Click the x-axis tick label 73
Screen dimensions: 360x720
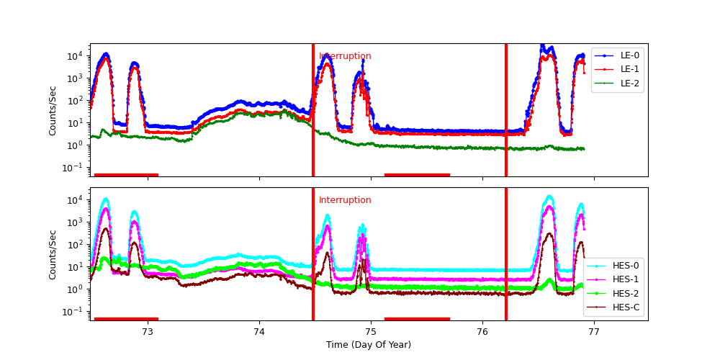[x=148, y=331]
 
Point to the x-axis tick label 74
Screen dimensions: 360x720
[x=259, y=331]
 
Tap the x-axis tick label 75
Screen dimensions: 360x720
[x=371, y=331]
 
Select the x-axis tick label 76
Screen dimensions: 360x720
[x=482, y=331]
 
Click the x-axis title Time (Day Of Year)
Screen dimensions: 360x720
[x=369, y=345]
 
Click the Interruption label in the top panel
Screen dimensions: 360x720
[x=345, y=56]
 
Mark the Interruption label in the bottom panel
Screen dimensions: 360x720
[x=345, y=200]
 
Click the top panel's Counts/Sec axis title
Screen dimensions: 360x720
[x=53, y=110]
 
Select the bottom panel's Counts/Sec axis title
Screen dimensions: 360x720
[x=53, y=254]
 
